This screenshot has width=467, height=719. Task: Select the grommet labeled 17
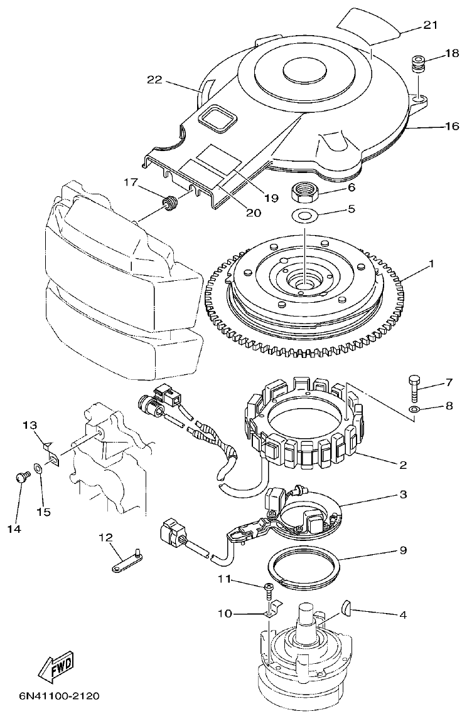coord(168,204)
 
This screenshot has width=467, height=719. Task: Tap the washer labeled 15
coord(38,468)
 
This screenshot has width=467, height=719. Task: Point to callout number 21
coord(431,25)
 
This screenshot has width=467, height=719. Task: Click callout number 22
coord(155,80)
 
